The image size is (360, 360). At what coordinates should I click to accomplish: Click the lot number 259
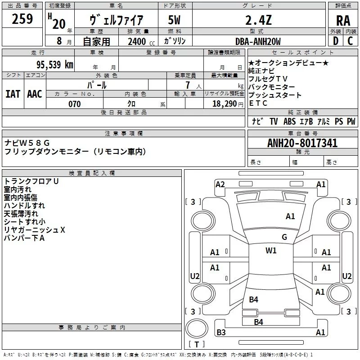point(22,19)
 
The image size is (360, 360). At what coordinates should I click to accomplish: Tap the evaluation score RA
point(343,21)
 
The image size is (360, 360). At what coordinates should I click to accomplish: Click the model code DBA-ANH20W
point(258,41)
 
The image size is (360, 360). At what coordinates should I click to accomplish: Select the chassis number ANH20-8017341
point(302,144)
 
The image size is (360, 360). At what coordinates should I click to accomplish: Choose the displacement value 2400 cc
point(139,42)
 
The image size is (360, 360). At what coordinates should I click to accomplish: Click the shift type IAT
point(13,94)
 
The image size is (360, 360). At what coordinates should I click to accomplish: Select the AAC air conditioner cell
point(35,94)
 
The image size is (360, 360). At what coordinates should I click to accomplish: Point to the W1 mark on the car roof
point(271,251)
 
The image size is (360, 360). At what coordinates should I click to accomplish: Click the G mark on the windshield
point(284,237)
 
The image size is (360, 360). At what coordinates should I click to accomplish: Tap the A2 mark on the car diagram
point(220,184)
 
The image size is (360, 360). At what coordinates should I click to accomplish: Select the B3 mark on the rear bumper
point(221,333)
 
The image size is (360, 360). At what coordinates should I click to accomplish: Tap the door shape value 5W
point(175,20)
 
